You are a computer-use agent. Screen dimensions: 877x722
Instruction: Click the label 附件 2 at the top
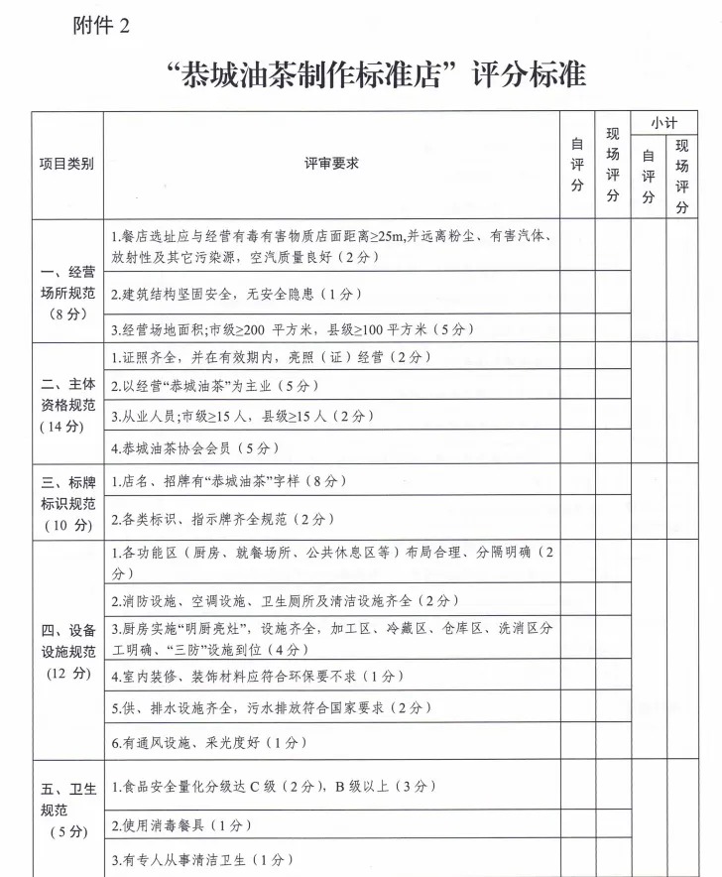101,27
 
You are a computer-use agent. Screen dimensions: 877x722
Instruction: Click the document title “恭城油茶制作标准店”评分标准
377,75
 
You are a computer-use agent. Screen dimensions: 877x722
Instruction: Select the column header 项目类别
67,165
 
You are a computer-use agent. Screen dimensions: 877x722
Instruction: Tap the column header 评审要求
331,165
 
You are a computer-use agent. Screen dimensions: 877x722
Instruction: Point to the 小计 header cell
663,122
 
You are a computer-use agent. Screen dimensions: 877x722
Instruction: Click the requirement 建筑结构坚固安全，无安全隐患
236,295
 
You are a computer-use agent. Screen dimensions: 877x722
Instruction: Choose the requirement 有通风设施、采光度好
209,742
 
